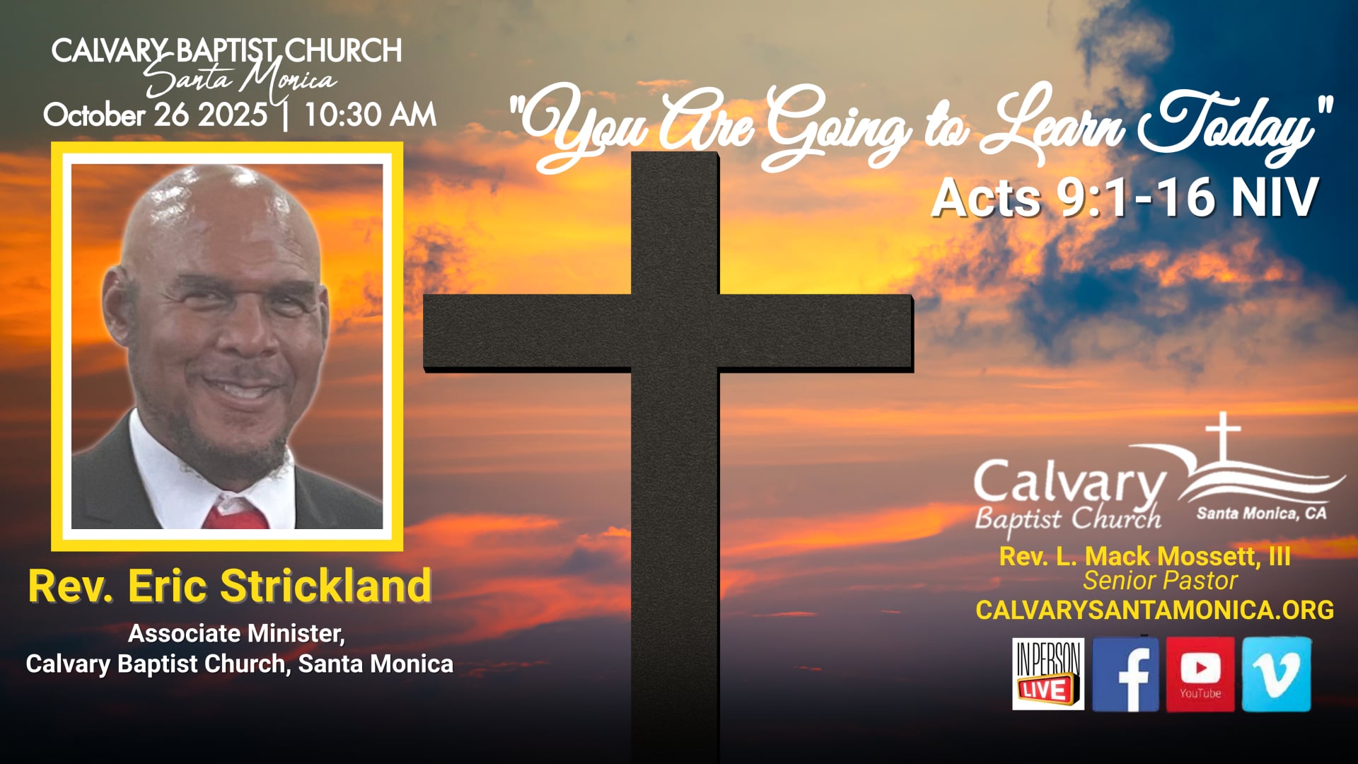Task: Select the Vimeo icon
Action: [x=1276, y=673]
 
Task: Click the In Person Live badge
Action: [x=1047, y=674]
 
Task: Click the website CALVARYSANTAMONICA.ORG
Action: [x=1154, y=610]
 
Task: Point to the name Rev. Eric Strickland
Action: [x=230, y=586]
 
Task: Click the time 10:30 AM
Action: [x=370, y=115]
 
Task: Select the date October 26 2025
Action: [x=156, y=115]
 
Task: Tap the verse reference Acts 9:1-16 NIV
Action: [x=1125, y=197]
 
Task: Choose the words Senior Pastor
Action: [x=1160, y=581]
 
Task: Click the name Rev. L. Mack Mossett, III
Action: [x=1144, y=556]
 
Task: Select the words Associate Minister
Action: [x=236, y=633]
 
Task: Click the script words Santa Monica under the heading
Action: [x=240, y=80]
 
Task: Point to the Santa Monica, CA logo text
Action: [x=1261, y=514]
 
